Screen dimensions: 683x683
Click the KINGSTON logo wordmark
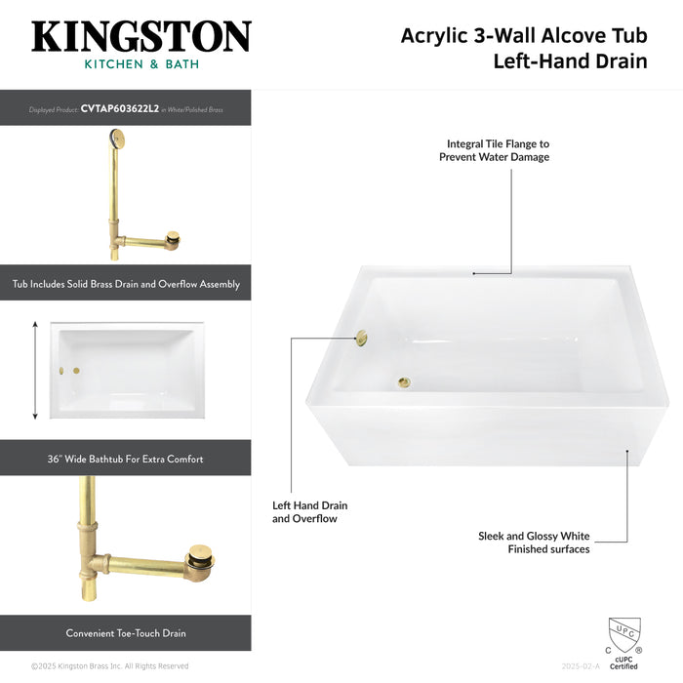click(141, 37)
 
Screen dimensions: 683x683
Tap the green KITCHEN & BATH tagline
click(141, 64)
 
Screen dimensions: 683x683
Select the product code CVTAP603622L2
click(120, 109)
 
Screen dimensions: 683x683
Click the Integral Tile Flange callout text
click(498, 149)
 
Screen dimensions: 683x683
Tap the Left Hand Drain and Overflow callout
click(309, 512)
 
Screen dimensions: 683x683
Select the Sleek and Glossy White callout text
click(534, 542)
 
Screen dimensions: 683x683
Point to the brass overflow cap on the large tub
click(361, 338)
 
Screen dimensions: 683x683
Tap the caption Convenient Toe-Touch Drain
click(126, 633)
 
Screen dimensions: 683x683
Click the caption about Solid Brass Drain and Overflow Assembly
click(126, 284)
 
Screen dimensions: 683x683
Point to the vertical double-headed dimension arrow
click(36, 371)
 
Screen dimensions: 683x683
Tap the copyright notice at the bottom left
click(109, 666)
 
